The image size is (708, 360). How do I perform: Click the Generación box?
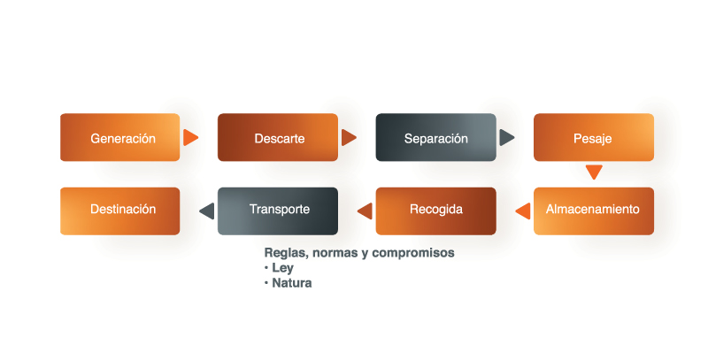pyautogui.click(x=120, y=137)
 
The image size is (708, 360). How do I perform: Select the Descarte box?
pyautogui.click(x=278, y=137)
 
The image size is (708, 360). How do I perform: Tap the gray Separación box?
pyautogui.click(x=436, y=137)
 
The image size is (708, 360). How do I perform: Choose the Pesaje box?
pyautogui.click(x=594, y=137)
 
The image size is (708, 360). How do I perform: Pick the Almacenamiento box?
pyautogui.click(x=594, y=211)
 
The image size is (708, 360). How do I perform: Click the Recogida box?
pyautogui.click(x=436, y=211)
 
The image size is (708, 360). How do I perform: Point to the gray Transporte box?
pyautogui.click(x=278, y=211)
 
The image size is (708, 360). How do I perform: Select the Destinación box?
pyautogui.click(x=120, y=211)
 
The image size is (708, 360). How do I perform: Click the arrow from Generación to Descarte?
pyautogui.click(x=190, y=137)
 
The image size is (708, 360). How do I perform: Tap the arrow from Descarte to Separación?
pyautogui.click(x=349, y=137)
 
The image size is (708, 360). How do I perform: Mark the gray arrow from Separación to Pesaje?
pyautogui.click(x=506, y=137)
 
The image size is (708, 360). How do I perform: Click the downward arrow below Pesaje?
pyautogui.click(x=594, y=172)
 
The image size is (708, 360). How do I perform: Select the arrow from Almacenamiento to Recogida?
pyautogui.click(x=523, y=211)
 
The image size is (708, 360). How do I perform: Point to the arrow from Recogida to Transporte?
pyautogui.click(x=365, y=211)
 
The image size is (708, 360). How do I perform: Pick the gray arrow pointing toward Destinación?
pyautogui.click(x=207, y=211)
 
